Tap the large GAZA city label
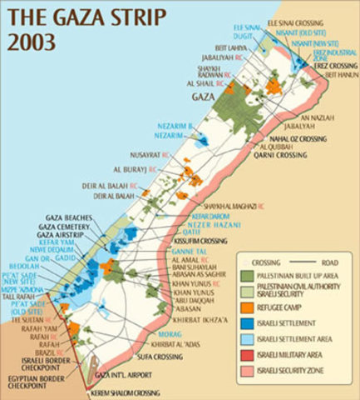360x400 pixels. (x=204, y=97)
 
